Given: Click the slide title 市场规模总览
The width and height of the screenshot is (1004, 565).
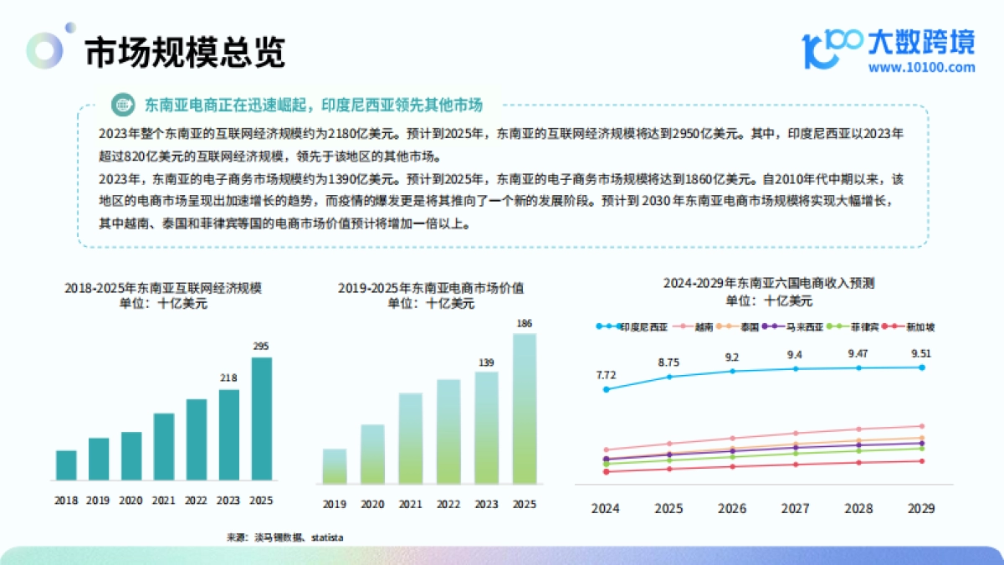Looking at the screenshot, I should (185, 52).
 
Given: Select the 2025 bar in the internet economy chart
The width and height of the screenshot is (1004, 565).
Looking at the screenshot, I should (262, 419).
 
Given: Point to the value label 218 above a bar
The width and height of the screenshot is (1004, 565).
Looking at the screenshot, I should (229, 378).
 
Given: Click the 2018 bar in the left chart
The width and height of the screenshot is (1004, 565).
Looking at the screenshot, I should (66, 465).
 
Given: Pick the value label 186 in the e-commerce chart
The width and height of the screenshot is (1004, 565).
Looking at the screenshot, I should (525, 323).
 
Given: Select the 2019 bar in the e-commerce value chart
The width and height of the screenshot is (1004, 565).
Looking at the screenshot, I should (335, 466).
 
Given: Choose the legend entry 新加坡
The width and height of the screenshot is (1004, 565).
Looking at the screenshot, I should (914, 327).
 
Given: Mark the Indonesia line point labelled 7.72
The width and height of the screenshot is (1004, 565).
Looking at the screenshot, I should (607, 389).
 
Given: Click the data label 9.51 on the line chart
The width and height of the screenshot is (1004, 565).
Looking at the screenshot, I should (921, 353).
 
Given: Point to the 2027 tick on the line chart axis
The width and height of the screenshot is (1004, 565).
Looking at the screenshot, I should (795, 508).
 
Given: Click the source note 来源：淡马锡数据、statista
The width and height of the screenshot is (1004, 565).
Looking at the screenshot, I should (284, 537).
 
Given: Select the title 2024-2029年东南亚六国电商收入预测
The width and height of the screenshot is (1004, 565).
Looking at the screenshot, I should (769, 284).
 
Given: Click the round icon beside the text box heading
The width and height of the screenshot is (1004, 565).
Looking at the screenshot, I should (124, 105).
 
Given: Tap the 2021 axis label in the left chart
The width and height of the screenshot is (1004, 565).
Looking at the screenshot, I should (164, 501).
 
